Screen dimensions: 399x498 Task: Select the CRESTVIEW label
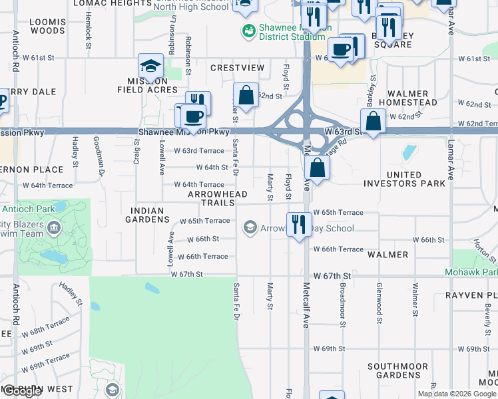[237, 68]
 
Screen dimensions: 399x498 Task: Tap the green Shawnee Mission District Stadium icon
[248, 30]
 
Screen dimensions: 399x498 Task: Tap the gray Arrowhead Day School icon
[250, 228]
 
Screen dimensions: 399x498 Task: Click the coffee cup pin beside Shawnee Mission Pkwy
[194, 117]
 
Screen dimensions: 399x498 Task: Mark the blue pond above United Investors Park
[407, 152]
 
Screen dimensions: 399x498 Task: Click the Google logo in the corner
[23, 392]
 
